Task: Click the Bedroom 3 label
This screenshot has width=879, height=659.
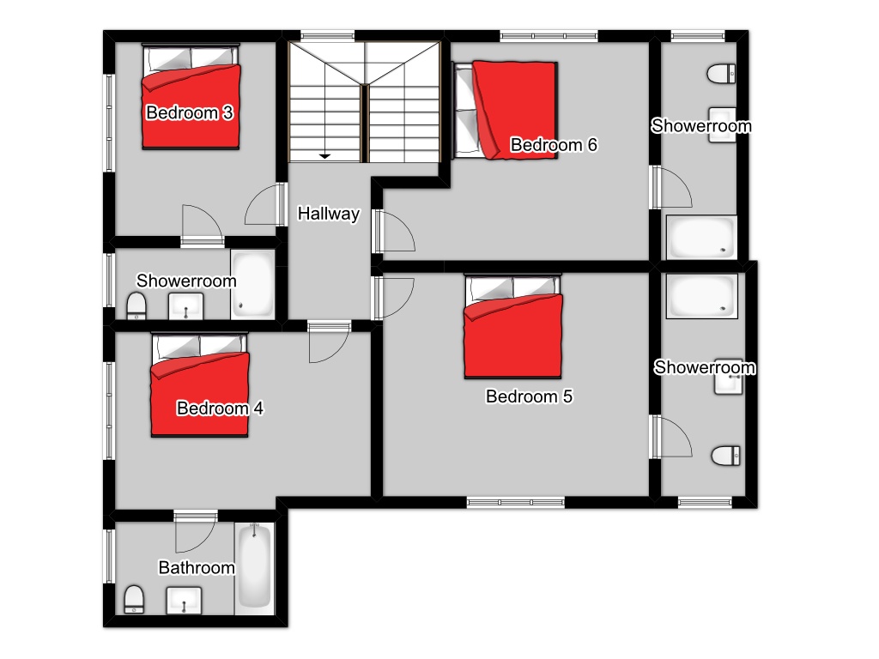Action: (189, 112)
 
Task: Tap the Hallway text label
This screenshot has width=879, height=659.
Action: (329, 214)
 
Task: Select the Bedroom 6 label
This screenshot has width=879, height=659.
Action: (554, 145)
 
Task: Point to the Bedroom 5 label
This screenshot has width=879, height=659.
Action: (529, 396)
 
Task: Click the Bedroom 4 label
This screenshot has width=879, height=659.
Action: (219, 408)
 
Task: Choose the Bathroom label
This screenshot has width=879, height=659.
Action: (197, 568)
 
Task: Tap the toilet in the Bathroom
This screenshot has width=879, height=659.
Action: (134, 600)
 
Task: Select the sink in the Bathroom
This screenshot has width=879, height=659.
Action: (184, 600)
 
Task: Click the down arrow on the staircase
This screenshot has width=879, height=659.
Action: (324, 156)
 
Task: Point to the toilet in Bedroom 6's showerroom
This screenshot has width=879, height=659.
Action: (721, 74)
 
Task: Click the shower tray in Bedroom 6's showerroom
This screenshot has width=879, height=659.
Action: (701, 238)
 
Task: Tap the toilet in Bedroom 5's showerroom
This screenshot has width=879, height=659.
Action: (726, 456)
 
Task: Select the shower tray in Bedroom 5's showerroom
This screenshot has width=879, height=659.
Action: (702, 296)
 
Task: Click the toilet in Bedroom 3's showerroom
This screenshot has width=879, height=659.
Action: (136, 306)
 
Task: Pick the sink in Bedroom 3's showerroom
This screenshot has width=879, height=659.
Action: (186, 307)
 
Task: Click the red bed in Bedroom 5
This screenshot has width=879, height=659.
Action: (513, 327)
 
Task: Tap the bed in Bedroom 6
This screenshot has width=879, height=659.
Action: (505, 111)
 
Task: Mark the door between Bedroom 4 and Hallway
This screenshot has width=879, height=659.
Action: (330, 342)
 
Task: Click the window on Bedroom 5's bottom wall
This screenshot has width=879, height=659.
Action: (516, 503)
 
